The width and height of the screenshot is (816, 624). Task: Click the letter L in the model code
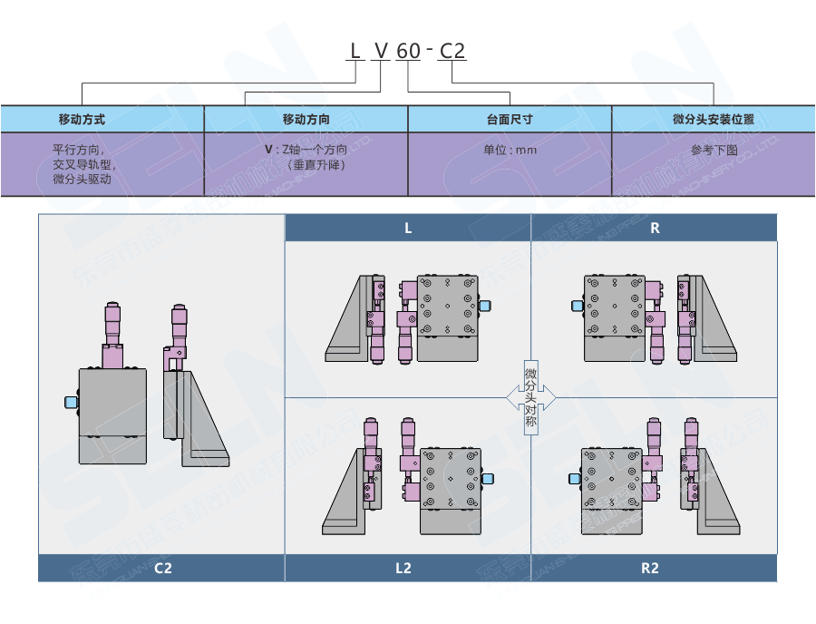[x=355, y=51]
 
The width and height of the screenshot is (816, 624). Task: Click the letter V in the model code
[x=382, y=51]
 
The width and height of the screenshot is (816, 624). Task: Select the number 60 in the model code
[x=409, y=51]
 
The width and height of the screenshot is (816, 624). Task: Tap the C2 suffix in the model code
[x=452, y=51]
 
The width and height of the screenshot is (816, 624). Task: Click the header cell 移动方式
[x=82, y=119]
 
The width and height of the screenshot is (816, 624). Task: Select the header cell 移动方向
[x=306, y=119]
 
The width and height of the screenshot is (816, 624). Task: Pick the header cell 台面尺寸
[x=510, y=119]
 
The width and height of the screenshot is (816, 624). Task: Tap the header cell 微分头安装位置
[x=714, y=119]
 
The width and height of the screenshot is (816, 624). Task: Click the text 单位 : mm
[x=510, y=151]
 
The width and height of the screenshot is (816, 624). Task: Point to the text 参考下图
[x=714, y=151]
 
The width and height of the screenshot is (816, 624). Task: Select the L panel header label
[x=408, y=229]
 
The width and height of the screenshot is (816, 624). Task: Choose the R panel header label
[x=655, y=229]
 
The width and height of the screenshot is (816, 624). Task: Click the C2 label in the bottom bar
[x=162, y=569]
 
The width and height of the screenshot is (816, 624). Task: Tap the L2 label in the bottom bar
[x=403, y=569]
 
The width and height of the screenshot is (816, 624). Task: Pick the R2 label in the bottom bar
[x=650, y=569]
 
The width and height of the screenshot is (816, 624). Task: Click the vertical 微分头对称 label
[x=530, y=396]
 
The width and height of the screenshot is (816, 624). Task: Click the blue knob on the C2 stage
[x=71, y=402]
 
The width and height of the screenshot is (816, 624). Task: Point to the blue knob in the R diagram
[x=577, y=307]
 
